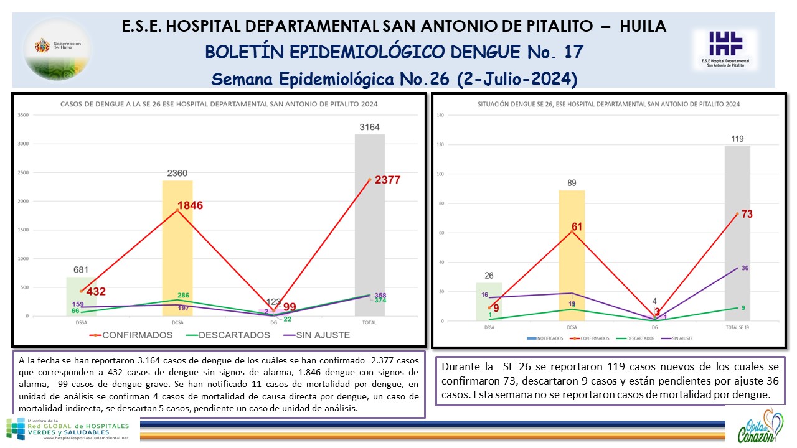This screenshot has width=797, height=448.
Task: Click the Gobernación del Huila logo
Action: [57, 48]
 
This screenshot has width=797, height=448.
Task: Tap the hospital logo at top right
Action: [725, 49]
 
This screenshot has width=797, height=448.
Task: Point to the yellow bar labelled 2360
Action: [177, 261]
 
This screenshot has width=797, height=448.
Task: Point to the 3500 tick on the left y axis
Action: [24, 115]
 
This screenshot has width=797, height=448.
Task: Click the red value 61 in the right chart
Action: [577, 227]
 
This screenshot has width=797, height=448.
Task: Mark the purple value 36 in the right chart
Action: [745, 268]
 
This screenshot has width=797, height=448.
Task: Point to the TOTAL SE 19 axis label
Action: [737, 327]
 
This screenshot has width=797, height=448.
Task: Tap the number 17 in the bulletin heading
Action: [572, 52]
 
